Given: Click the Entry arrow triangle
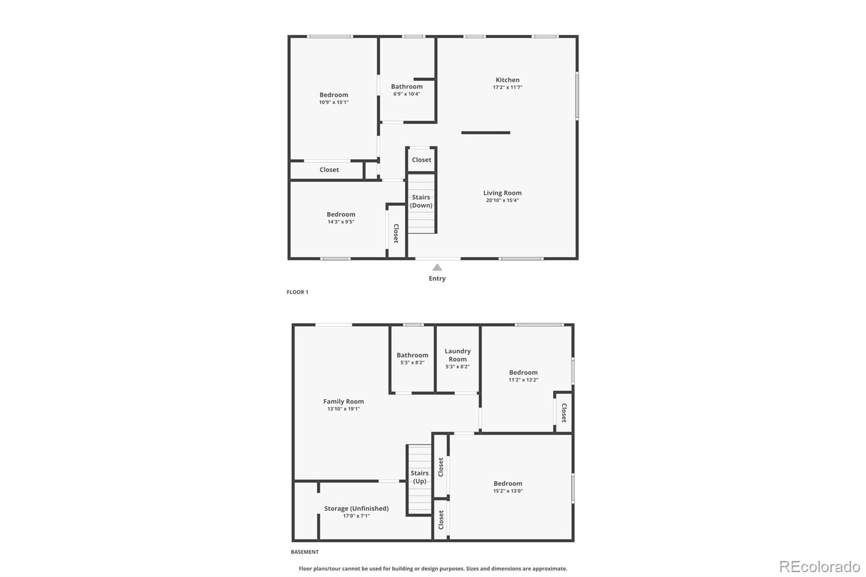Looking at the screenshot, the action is tap(437, 267).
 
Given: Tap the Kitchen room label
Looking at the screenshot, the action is tap(507, 80).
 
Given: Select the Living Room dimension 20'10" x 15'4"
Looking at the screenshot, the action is tap(502, 200).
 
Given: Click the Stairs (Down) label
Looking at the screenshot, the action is tap(421, 201).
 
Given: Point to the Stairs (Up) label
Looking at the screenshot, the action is tap(419, 477).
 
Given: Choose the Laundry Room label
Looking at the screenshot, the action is tap(457, 355).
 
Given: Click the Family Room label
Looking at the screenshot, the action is tap(343, 402).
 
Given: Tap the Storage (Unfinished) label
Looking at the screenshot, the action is tap(356, 509).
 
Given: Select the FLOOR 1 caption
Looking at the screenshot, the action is tap(297, 292).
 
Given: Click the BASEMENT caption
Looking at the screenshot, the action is tap(305, 552).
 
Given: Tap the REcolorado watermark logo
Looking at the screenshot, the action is tap(819, 567).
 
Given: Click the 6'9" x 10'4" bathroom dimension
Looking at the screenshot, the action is tap(406, 94).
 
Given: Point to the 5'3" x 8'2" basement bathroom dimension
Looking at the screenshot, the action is tap(412, 363).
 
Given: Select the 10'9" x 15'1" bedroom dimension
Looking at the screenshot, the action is tap(333, 102).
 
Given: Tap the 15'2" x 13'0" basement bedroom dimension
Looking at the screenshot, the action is tap(508, 491).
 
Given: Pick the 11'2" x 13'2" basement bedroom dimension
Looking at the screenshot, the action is tap(523, 380).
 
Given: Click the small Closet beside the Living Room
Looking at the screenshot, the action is tap(422, 160).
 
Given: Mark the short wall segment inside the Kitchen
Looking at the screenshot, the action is tap(486, 133).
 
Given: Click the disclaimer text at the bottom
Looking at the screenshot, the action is tap(433, 568).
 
